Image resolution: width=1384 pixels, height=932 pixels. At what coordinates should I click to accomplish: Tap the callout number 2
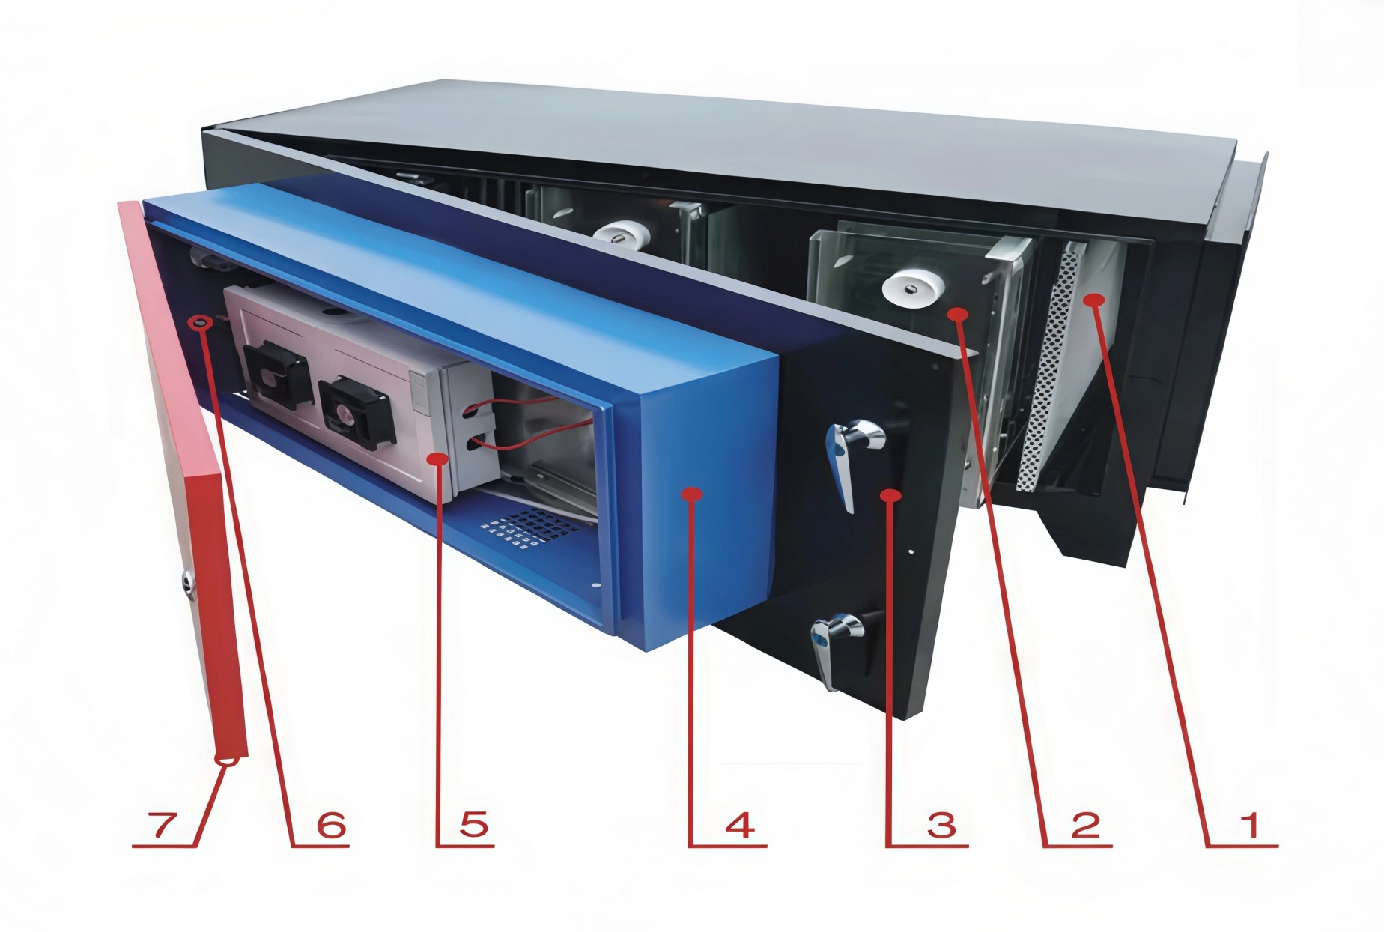point(1085,826)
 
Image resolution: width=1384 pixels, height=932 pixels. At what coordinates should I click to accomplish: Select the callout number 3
point(941,826)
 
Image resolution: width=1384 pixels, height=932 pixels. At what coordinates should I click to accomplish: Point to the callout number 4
point(739,826)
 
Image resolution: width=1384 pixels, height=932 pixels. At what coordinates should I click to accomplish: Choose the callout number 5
point(473,826)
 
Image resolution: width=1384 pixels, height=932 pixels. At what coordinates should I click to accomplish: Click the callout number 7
point(164,826)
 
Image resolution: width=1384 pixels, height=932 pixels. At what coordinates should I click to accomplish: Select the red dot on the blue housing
point(691,494)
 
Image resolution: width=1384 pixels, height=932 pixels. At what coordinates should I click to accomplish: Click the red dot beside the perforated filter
point(1095,300)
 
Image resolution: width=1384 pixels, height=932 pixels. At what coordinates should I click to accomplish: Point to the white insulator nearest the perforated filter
point(912,288)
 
